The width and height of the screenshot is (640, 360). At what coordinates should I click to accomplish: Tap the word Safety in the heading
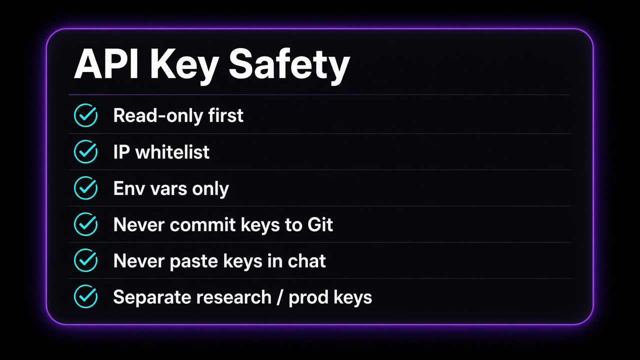pyautogui.click(x=289, y=66)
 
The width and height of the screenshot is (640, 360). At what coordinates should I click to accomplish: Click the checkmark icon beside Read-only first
pyautogui.click(x=85, y=115)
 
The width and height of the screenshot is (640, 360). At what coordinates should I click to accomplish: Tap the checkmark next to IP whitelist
pyautogui.click(x=85, y=151)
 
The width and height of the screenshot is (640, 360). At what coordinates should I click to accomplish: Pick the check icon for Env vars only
pyautogui.click(x=85, y=187)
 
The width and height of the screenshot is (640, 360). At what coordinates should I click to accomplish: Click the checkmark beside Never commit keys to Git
pyautogui.click(x=85, y=224)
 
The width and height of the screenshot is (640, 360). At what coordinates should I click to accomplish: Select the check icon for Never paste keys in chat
pyautogui.click(x=85, y=260)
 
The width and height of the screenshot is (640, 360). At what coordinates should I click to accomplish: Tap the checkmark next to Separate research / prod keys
pyautogui.click(x=85, y=296)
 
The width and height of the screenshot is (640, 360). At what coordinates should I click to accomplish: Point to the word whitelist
pyautogui.click(x=172, y=151)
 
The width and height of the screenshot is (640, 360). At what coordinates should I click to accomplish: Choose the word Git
pyautogui.click(x=320, y=224)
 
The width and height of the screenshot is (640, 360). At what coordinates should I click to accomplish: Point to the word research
pyautogui.click(x=233, y=297)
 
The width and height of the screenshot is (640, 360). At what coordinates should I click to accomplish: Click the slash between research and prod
pyautogui.click(x=280, y=297)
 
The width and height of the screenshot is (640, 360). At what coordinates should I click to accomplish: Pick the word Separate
pyautogui.click(x=152, y=297)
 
